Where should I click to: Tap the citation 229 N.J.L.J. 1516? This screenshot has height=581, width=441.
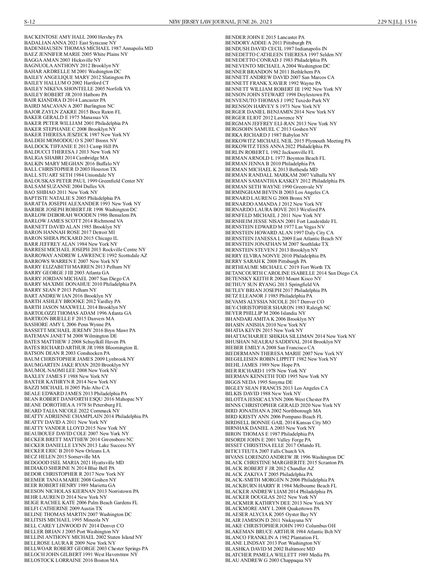click(x=397, y=22)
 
